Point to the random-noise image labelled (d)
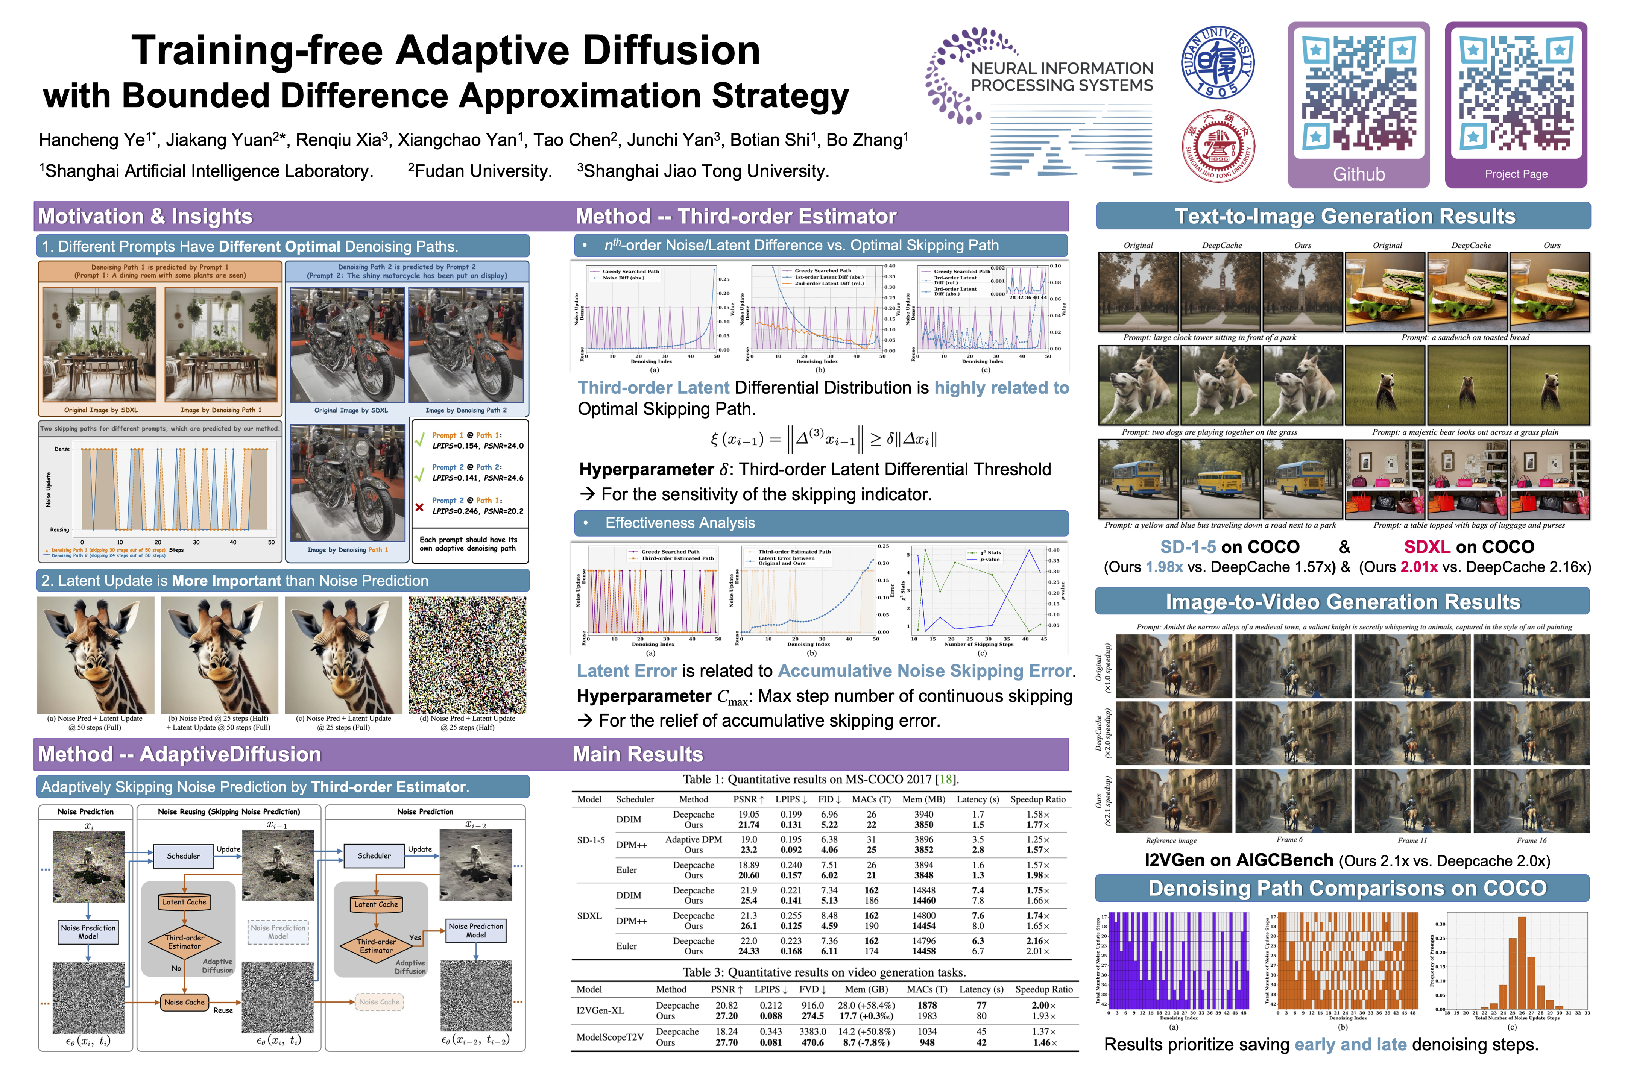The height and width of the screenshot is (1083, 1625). [467, 655]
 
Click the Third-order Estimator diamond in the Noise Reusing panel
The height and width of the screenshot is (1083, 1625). [184, 942]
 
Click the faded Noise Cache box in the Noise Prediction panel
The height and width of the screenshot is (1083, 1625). [379, 1001]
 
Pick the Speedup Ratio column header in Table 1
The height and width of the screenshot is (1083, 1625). [1038, 799]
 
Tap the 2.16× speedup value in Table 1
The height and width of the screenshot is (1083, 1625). [1038, 941]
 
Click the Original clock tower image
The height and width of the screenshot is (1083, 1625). [1138, 291]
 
